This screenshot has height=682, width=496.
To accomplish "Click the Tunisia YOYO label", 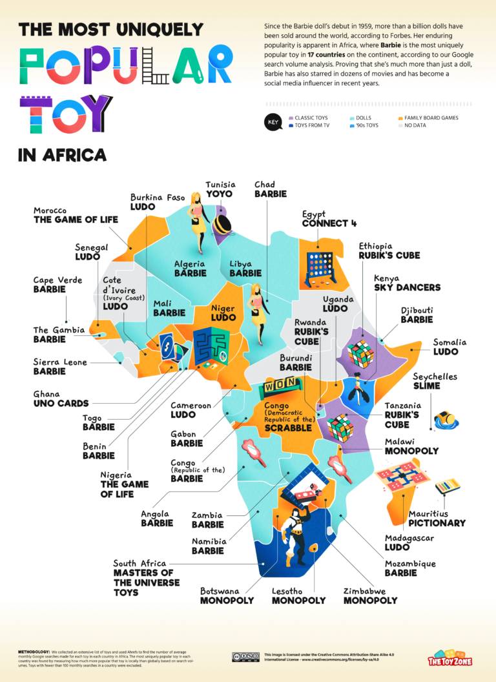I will pyautogui.click(x=220, y=189).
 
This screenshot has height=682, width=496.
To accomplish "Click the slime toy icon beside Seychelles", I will pyautogui.click(x=446, y=419).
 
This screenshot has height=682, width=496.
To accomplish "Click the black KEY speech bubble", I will pyautogui.click(x=273, y=122).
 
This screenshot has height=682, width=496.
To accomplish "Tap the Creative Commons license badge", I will pyautogui.click(x=246, y=657).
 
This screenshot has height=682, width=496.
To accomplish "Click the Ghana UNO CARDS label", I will pyautogui.click(x=61, y=398).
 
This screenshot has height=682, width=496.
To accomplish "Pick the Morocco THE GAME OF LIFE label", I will pyautogui.click(x=76, y=215).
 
